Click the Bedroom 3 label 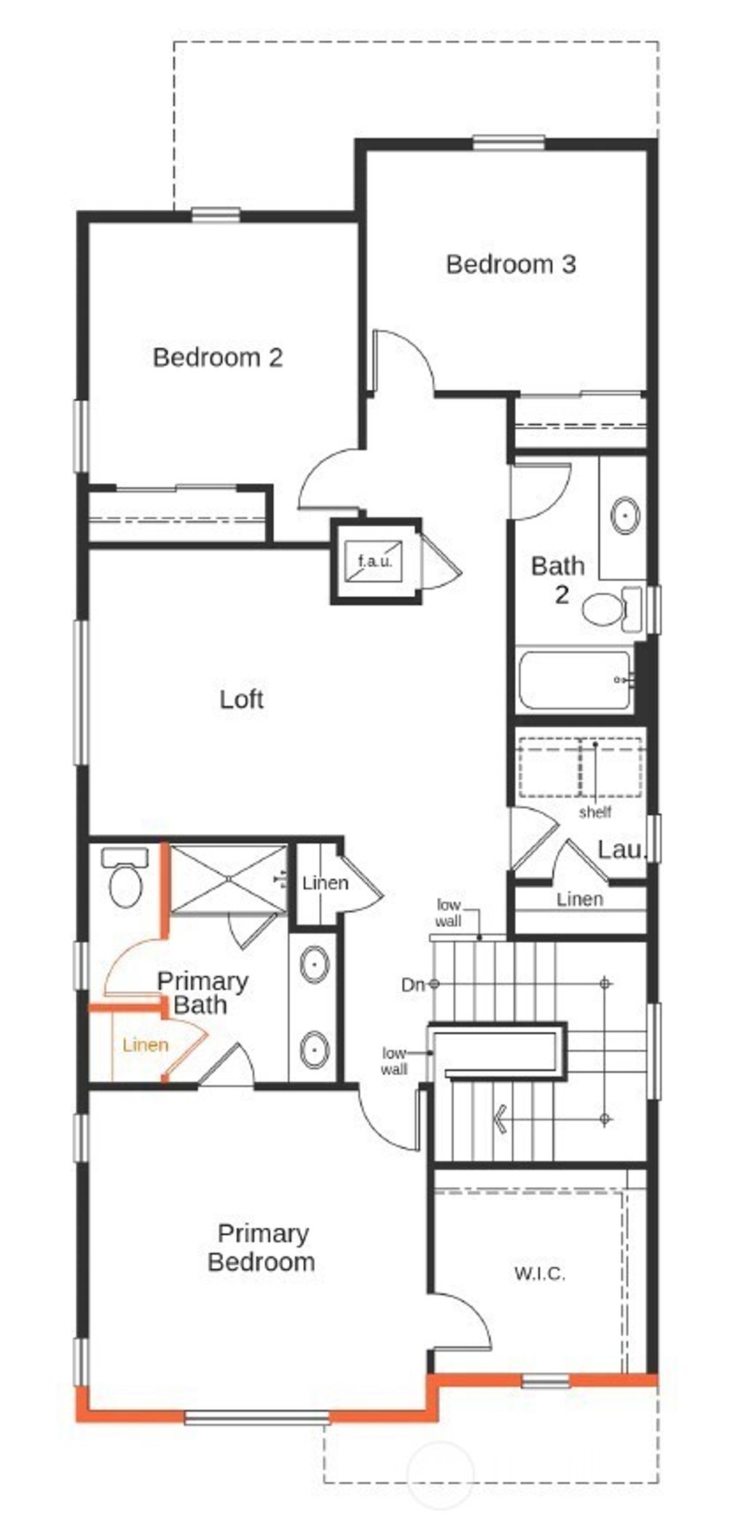pos(511,264)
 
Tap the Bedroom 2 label pos(218,357)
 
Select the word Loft pos(241,700)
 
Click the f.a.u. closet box pos(375,561)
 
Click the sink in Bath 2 pos(626,515)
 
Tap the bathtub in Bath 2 pos(573,681)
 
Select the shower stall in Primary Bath pos(229,877)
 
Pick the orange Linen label pos(146,1045)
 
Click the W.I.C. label pos(540,1273)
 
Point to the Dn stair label pos(412,984)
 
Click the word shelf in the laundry pos(594,812)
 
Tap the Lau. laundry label pos(621,850)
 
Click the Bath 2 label pos(558,580)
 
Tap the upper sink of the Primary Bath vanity pos(314,964)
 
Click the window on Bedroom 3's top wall pos(509,143)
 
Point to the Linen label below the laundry pos(580,899)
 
